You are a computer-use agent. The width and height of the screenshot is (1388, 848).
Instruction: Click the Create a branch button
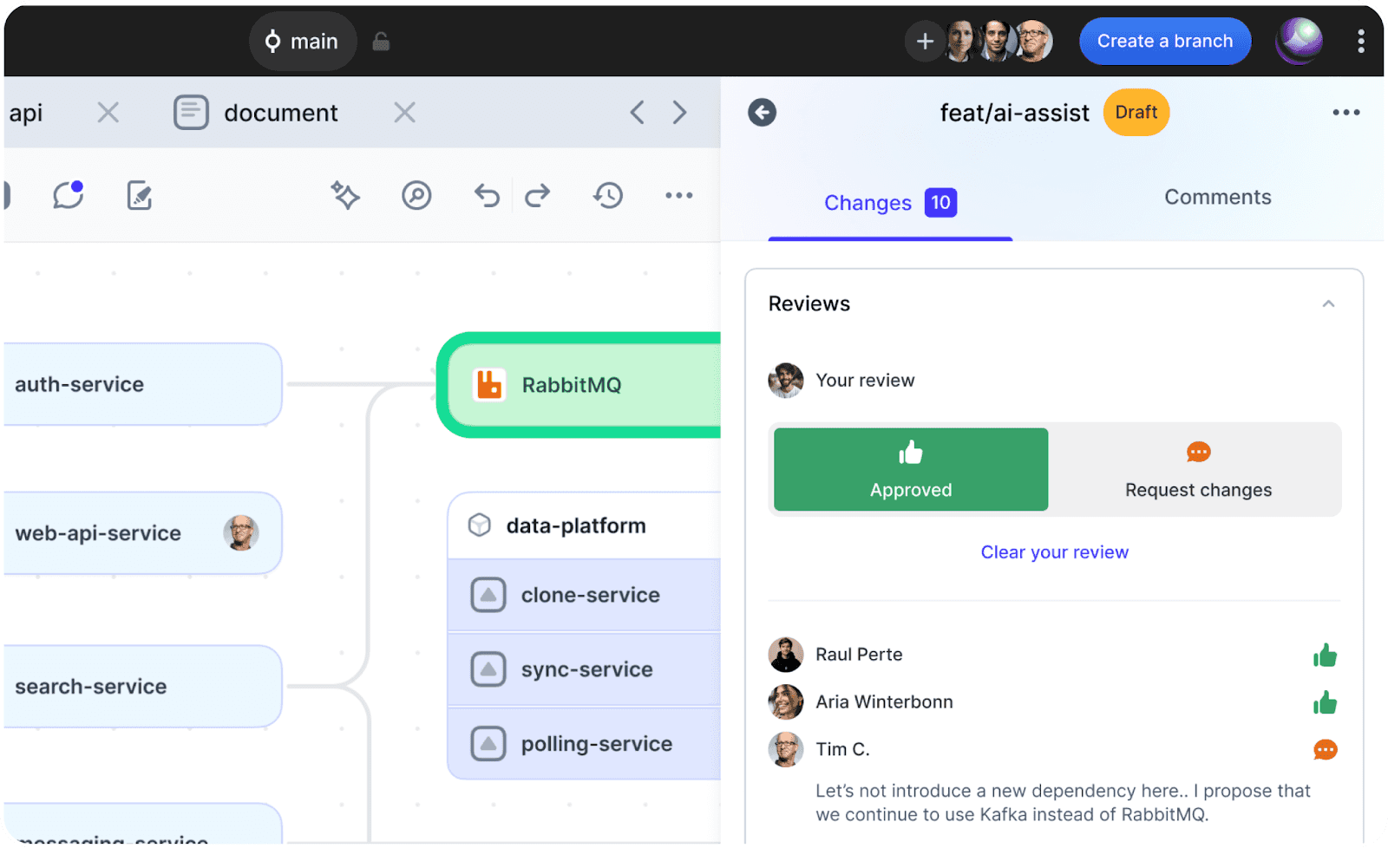click(1165, 41)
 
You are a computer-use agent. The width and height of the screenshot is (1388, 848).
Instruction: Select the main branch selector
click(303, 42)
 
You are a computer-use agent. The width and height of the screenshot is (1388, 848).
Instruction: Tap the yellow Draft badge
click(1136, 112)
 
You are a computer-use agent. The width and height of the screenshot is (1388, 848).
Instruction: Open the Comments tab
click(1218, 197)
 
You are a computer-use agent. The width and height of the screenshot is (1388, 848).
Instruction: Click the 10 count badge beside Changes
click(940, 203)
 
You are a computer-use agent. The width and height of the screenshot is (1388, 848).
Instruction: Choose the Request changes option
click(1198, 470)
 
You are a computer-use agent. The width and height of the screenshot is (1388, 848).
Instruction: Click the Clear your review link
click(1055, 552)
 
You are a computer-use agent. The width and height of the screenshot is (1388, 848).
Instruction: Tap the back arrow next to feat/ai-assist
click(763, 113)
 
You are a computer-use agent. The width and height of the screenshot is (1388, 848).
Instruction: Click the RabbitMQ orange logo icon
click(489, 385)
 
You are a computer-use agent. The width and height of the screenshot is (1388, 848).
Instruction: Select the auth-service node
click(142, 384)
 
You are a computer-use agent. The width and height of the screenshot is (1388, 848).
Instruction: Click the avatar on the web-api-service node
click(241, 532)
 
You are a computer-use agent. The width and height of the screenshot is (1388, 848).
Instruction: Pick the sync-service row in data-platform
click(585, 669)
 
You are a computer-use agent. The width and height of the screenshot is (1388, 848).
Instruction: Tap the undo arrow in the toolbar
click(487, 196)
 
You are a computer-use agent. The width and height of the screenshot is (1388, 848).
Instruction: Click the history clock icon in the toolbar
click(608, 196)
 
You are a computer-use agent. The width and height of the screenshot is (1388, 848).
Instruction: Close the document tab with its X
click(404, 113)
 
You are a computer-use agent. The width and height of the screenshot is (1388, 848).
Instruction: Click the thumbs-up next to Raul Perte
click(1325, 655)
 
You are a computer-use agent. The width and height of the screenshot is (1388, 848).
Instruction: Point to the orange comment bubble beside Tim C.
click(1326, 750)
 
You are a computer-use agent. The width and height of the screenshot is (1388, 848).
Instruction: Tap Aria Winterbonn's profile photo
click(786, 701)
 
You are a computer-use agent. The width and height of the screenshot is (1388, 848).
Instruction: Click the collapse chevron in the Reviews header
click(1328, 303)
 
